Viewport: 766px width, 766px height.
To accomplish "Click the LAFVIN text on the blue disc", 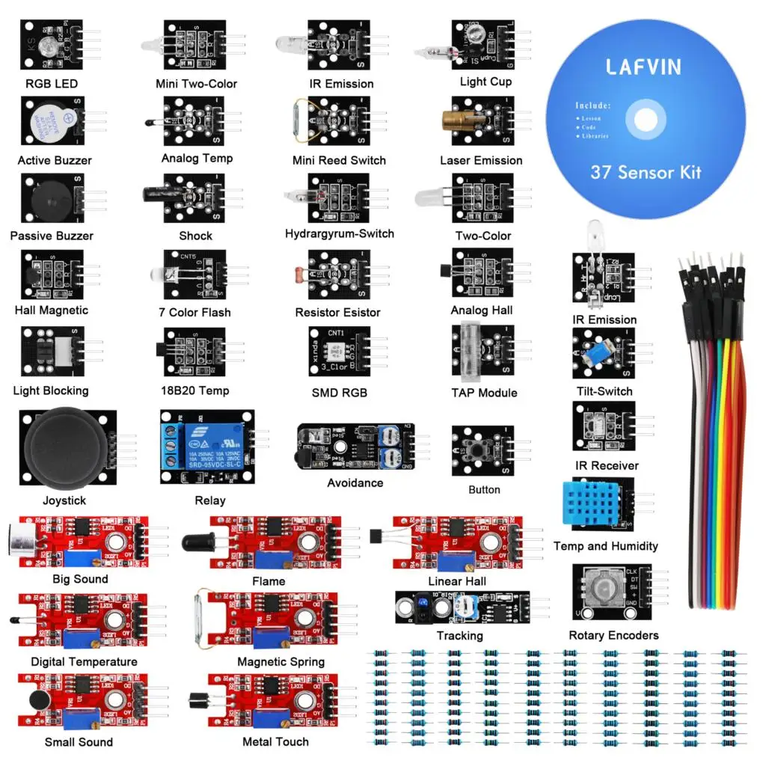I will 643,67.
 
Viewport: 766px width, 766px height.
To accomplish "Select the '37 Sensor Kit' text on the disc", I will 646,172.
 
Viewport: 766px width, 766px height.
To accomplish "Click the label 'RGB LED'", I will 52,84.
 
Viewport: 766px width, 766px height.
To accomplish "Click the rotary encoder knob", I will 605,591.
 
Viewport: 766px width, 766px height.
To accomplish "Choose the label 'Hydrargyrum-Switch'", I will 340,234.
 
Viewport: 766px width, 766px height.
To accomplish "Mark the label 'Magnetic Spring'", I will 281,662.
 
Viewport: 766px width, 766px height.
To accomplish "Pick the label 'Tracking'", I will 459,636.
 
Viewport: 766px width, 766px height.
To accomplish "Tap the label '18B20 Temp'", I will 194,390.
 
